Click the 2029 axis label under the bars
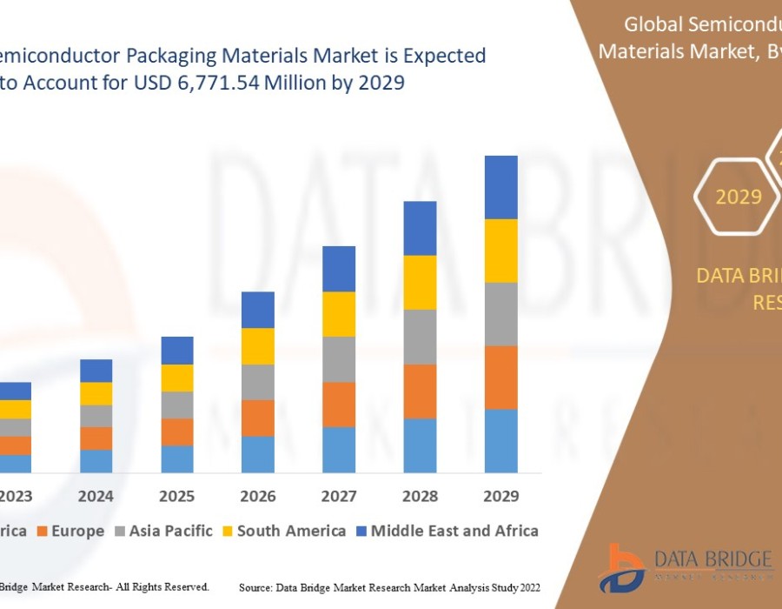click(500, 496)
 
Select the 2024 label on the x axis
click(96, 496)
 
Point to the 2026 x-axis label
click(258, 496)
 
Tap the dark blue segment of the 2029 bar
click(500, 187)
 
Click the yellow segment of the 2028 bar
click(420, 282)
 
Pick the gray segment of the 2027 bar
click(339, 359)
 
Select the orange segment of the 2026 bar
click(258, 418)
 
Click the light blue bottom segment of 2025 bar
click(177, 458)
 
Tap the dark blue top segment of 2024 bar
click(96, 371)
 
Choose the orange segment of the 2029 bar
click(500, 378)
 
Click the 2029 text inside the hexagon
click(739, 197)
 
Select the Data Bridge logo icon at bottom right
click(624, 566)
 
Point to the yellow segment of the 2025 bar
click(177, 378)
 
